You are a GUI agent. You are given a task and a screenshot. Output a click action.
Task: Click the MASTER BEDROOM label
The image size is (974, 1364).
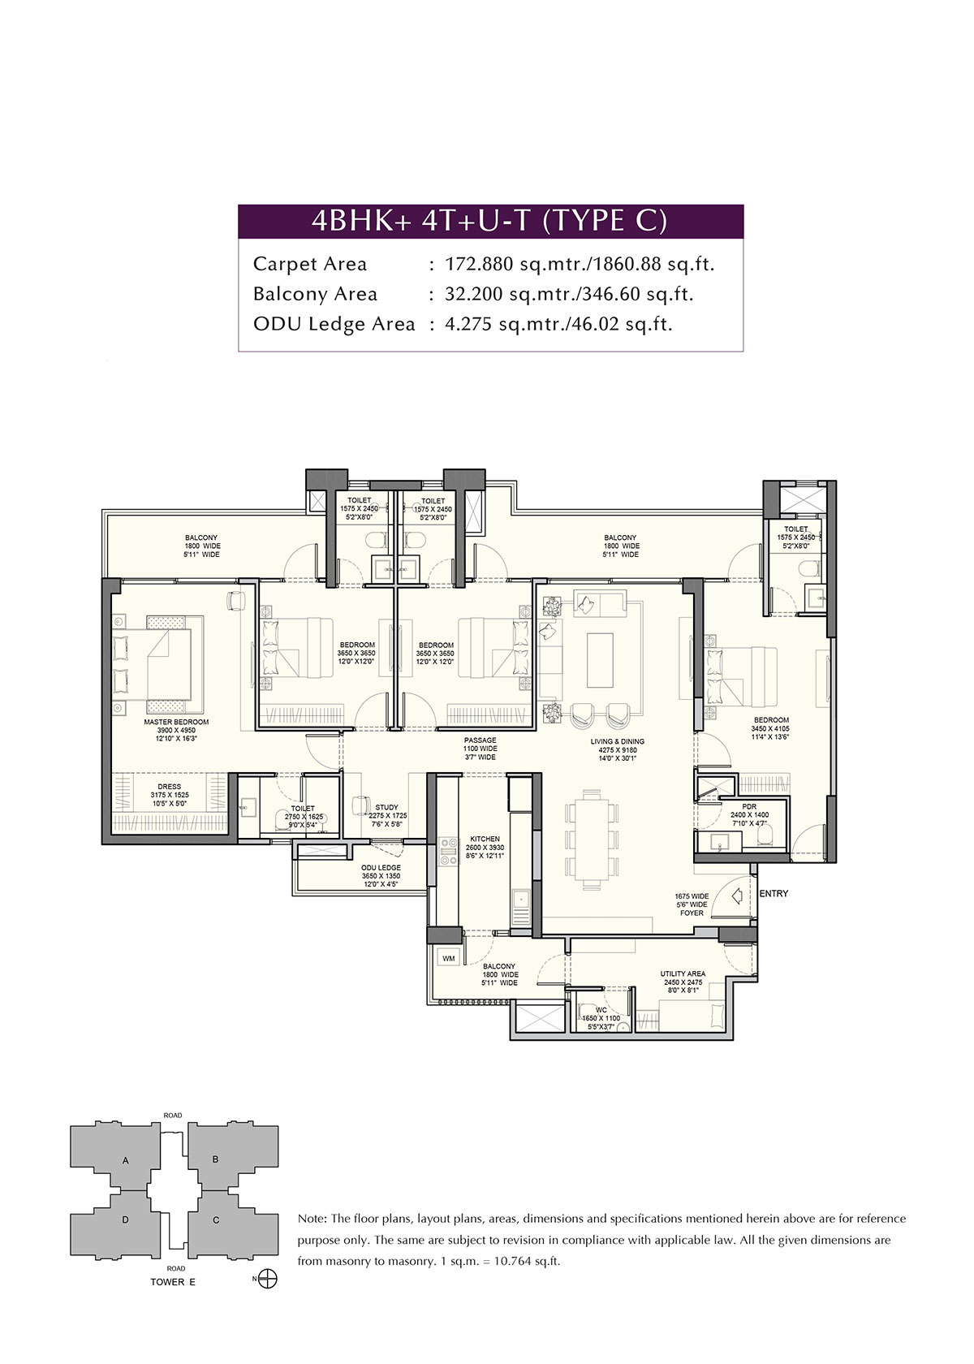[176, 722]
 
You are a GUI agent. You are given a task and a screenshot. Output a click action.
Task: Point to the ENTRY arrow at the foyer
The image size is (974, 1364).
[739, 896]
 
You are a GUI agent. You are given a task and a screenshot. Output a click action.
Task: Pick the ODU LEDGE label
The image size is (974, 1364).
[381, 868]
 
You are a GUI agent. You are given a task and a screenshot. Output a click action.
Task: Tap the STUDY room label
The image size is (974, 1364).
[386, 808]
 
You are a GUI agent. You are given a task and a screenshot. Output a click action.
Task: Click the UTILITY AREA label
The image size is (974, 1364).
[683, 973]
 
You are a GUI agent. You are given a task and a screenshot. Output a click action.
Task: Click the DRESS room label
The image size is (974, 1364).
[170, 787]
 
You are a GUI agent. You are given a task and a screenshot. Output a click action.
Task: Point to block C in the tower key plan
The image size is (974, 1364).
[216, 1219]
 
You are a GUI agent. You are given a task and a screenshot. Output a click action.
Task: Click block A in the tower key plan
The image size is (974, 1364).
[126, 1161]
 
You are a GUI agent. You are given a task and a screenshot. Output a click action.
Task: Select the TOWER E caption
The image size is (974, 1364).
[173, 1282]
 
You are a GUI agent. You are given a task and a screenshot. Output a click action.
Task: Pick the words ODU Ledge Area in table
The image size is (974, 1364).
[334, 324]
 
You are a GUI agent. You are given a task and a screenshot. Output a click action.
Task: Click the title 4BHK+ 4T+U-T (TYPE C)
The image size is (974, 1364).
[490, 222]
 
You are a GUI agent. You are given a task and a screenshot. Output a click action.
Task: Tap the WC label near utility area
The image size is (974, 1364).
[601, 1010]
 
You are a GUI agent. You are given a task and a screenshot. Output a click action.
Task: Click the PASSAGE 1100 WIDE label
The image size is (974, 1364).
[480, 740]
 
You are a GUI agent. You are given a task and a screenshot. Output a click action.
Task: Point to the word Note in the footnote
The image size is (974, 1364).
[312, 1219]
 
